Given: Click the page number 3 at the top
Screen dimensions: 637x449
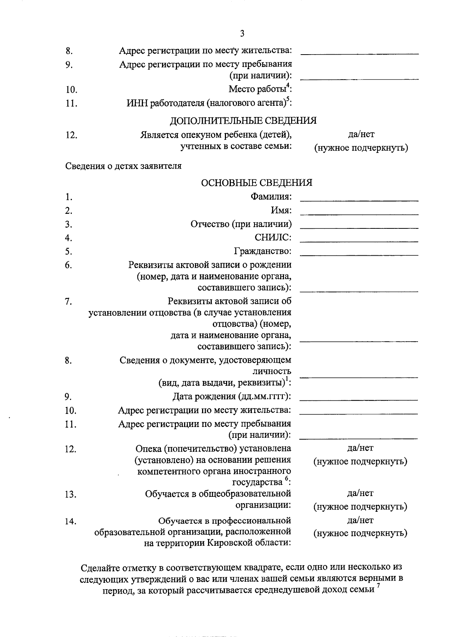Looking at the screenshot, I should pos(242,34).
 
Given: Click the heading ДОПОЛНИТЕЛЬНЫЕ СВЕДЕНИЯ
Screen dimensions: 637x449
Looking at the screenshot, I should pos(243,121).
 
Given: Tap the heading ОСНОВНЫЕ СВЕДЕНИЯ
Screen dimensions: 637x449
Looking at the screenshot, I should pos(256,183).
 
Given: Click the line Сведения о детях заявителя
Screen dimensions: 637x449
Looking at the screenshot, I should pos(123,166).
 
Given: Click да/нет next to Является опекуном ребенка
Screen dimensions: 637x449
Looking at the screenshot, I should pos(361,134).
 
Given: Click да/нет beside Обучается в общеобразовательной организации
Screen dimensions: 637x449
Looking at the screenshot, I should pos(360,493).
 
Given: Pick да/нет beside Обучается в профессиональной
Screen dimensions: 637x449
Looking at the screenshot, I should pos(360,520).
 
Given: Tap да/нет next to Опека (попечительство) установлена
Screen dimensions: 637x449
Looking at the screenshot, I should pos(360,448).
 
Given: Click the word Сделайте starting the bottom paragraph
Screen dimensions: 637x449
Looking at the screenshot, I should pos(100,568).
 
